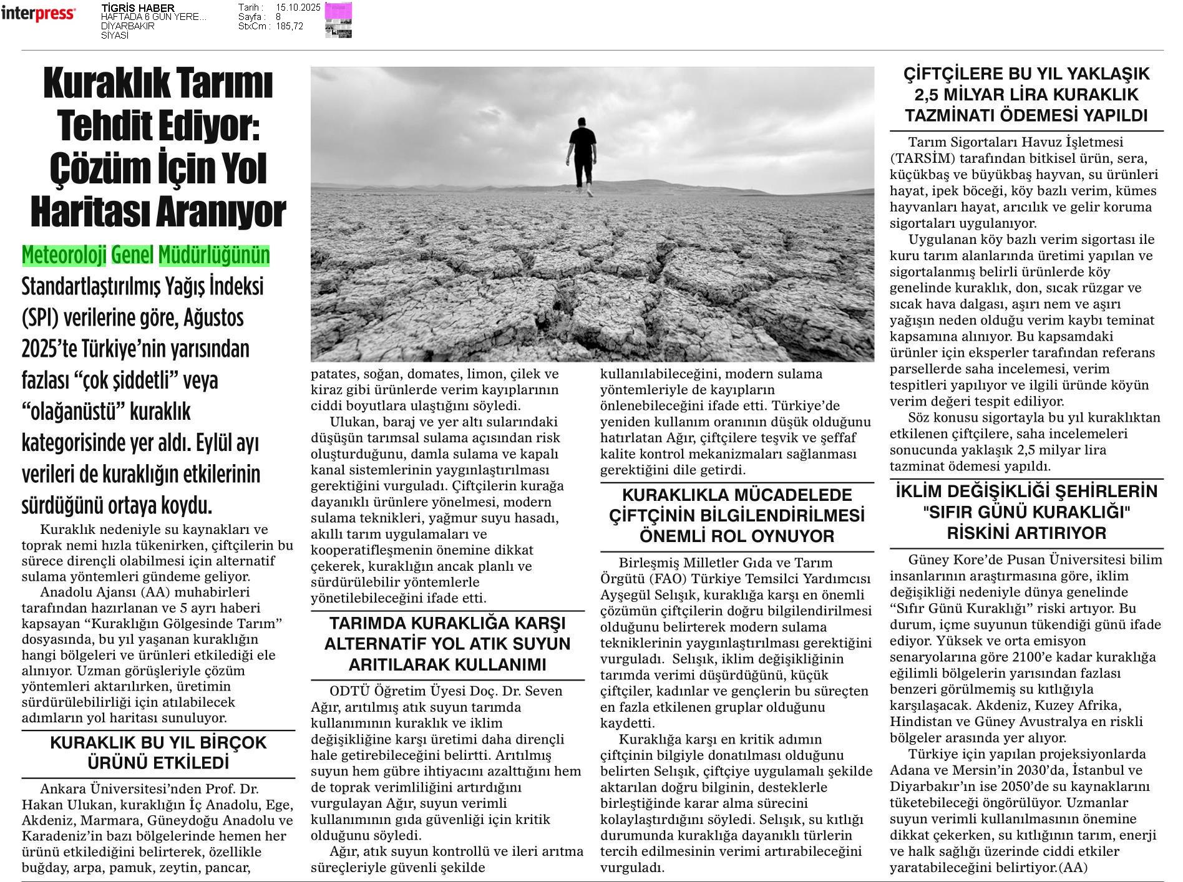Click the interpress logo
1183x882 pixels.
[38, 14]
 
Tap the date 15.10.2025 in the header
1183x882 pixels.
[298, 7]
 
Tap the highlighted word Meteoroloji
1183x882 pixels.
[64, 255]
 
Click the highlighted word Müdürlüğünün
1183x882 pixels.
[214, 255]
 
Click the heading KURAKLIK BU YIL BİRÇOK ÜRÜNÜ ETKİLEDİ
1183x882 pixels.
[158, 753]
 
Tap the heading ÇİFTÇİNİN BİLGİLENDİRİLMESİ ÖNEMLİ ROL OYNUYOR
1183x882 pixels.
[737, 516]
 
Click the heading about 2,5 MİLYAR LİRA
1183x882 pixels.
[1026, 95]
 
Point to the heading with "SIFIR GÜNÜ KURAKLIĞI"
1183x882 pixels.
[1026, 512]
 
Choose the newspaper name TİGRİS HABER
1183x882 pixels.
[138, 7]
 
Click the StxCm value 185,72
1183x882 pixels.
[289, 26]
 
